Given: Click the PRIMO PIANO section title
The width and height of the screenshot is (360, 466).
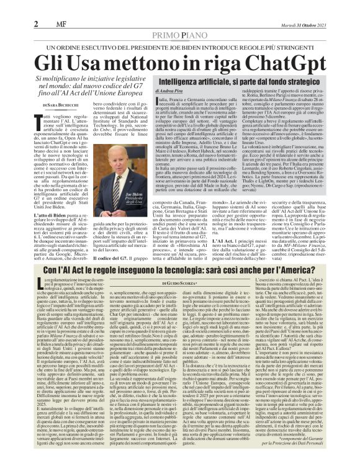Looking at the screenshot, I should (x=179, y=19).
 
